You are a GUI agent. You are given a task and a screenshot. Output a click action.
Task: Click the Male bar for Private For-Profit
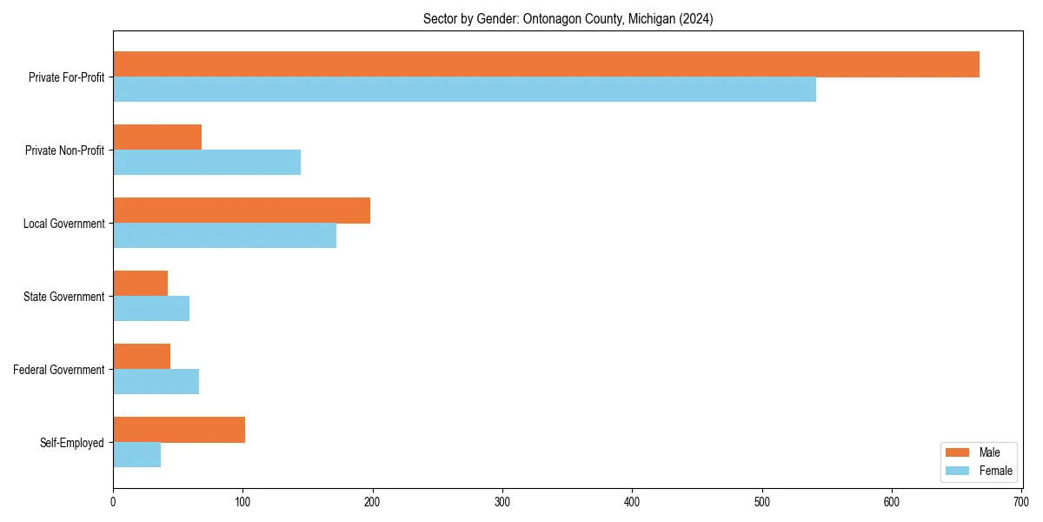pos(546,64)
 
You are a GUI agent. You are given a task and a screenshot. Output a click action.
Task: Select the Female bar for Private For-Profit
pos(464,90)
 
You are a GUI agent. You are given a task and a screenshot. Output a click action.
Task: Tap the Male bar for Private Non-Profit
pos(157,137)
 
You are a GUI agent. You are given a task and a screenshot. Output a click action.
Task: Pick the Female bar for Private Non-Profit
pos(207,163)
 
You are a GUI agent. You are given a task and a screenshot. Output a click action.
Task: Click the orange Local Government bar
pos(242,211)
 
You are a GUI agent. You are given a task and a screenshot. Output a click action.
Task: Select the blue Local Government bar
pos(224,236)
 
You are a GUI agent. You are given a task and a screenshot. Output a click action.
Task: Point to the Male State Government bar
pos(140,284)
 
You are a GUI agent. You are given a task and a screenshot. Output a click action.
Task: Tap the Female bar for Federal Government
pos(156,382)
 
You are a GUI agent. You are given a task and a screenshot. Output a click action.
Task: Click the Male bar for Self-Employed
pos(179,430)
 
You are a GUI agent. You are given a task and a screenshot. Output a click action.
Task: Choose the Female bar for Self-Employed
pos(136,455)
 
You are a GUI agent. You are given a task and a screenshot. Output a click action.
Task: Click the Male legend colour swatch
pos(957,452)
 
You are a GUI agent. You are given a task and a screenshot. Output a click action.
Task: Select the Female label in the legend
pos(995,472)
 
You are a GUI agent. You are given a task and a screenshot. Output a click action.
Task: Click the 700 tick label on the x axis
pos(1021,502)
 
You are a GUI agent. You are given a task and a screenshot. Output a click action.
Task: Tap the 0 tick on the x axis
pos(113,502)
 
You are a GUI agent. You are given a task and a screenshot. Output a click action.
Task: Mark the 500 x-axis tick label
pos(762,502)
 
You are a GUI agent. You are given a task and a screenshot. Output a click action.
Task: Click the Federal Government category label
pos(59,370)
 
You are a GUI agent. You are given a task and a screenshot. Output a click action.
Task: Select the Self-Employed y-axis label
pos(72,443)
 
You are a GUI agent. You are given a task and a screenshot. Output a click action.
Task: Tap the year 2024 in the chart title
pos(697,19)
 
